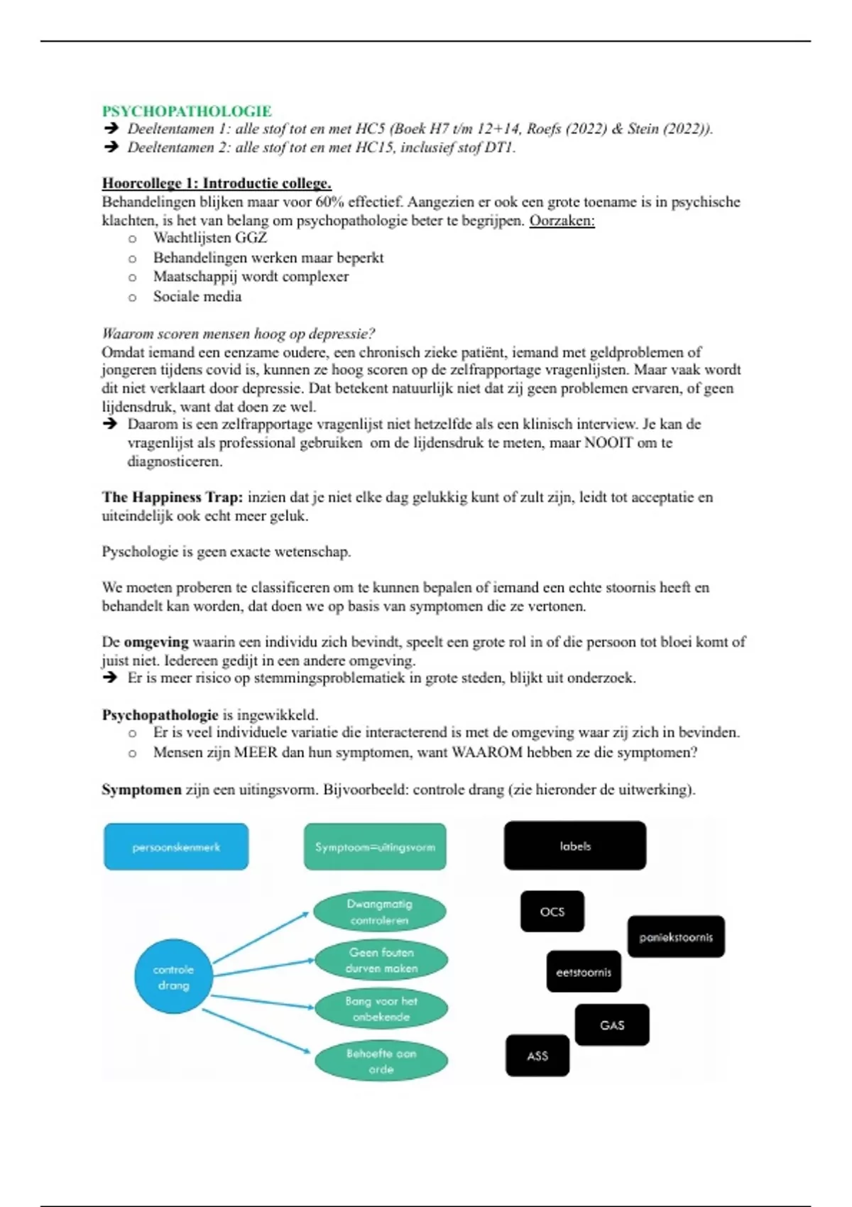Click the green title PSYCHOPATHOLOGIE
187,111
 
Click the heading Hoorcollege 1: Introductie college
217,183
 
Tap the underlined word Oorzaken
562,220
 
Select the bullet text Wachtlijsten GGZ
210,238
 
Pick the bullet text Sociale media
197,297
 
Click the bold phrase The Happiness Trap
172,497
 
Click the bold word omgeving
156,642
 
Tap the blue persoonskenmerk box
176,846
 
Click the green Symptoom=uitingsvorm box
375,846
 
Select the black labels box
575,846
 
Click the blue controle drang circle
173,977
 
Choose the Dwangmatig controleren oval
380,912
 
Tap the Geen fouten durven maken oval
381,960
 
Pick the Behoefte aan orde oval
381,1061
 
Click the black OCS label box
552,912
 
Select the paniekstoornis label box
676,937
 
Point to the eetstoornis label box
584,972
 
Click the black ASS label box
537,1056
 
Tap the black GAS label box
612,1025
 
